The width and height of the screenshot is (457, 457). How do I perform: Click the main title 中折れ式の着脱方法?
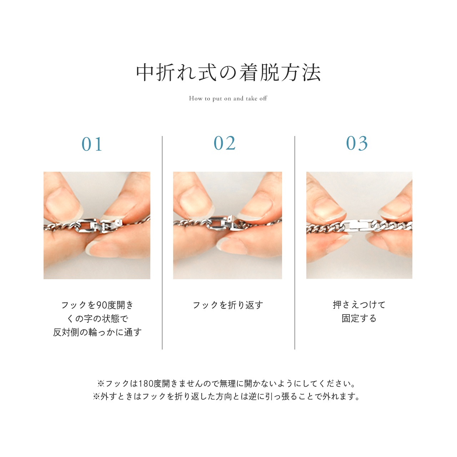pyautogui.click(x=228, y=72)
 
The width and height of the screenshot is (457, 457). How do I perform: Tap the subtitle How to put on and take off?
pyautogui.click(x=228, y=99)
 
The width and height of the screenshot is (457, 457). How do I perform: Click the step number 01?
pyautogui.click(x=92, y=144)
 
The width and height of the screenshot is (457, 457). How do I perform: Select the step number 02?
pyautogui.click(x=225, y=144)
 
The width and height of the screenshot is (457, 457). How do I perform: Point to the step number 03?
pyautogui.click(x=357, y=144)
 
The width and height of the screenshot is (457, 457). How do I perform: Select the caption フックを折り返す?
pyautogui.click(x=228, y=305)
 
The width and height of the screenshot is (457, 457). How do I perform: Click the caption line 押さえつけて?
pyautogui.click(x=359, y=305)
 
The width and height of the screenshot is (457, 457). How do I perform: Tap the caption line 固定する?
pyautogui.click(x=359, y=318)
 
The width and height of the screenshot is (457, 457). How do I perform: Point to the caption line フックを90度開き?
pyautogui.click(x=97, y=305)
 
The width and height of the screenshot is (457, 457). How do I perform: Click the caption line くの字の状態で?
pyautogui.click(x=97, y=318)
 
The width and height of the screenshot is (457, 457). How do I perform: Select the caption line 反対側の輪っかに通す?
pyautogui.click(x=97, y=332)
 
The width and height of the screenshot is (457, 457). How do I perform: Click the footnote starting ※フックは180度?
pyautogui.click(x=227, y=384)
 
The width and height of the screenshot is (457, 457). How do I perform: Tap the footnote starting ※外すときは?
pyautogui.click(x=227, y=397)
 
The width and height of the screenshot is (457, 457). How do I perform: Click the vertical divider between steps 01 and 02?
pyautogui.click(x=162, y=243)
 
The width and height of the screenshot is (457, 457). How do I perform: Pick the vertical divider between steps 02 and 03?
pyautogui.click(x=295, y=243)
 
